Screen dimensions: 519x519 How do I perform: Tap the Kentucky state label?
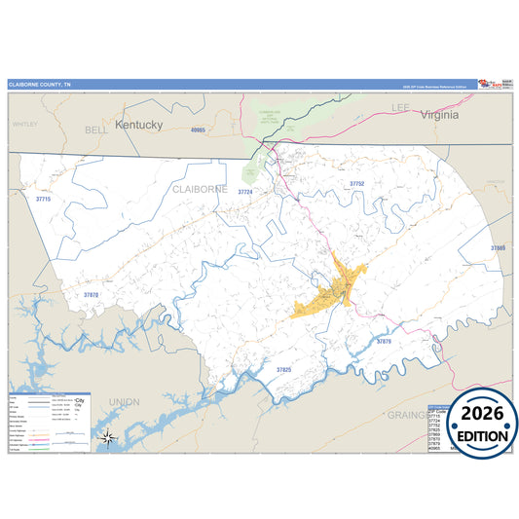coord(138,125)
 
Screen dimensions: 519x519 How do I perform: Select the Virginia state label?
coord(439,114)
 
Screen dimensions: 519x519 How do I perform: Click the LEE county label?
coord(401,105)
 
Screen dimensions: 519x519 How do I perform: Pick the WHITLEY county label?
coord(24,125)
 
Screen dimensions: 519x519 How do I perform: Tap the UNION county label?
coord(124,401)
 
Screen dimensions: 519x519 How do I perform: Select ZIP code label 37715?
coord(42,199)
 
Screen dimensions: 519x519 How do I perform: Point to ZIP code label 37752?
coord(356,183)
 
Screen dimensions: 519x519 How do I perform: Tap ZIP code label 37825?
coord(283,370)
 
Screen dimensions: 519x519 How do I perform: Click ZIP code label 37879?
coord(383,341)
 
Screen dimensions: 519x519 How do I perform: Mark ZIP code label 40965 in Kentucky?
coord(200,130)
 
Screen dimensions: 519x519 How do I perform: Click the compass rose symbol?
coord(109,437)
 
